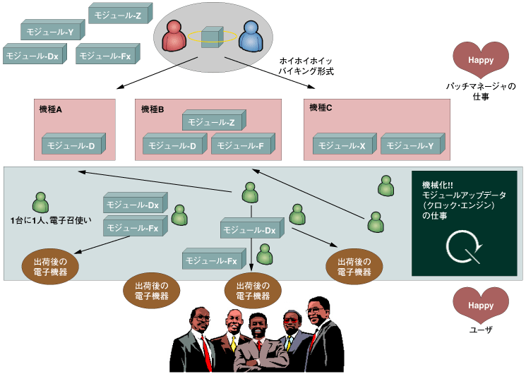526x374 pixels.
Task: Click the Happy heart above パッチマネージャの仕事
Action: (x=480, y=59)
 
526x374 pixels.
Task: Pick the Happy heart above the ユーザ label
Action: (x=480, y=305)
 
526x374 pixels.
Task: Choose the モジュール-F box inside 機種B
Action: (x=241, y=145)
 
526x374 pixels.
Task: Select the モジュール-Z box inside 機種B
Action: (x=212, y=122)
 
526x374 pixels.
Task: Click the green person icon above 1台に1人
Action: (x=42, y=203)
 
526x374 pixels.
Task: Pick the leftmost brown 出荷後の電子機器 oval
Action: (x=50, y=267)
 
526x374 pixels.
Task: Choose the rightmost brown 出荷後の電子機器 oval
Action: (x=354, y=267)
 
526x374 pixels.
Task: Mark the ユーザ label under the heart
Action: (x=480, y=330)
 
